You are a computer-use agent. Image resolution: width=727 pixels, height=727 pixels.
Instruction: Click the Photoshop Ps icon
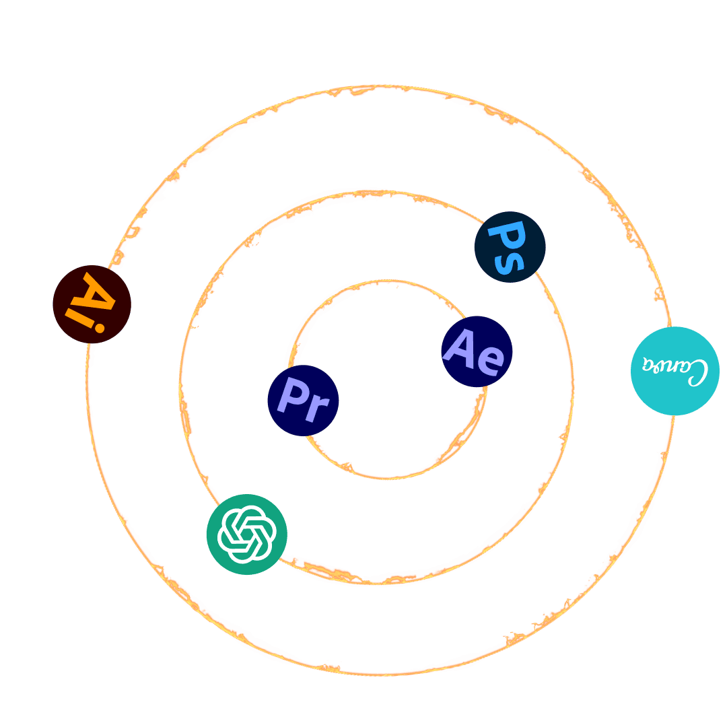pos(510,246)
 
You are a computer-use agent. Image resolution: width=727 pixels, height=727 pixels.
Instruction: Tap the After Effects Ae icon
pos(477,351)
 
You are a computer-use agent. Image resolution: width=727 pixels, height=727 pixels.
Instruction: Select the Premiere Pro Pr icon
pos(303,401)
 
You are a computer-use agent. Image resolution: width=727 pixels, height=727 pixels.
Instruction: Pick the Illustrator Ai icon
pos(92,304)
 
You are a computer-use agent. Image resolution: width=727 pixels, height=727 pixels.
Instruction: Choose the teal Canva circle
pos(674,371)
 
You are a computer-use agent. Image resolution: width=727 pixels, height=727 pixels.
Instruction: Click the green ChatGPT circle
pos(246,534)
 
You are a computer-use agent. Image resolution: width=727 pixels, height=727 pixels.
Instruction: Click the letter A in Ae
pos(462,347)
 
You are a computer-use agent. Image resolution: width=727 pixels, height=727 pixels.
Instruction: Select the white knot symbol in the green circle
pos(246,534)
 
